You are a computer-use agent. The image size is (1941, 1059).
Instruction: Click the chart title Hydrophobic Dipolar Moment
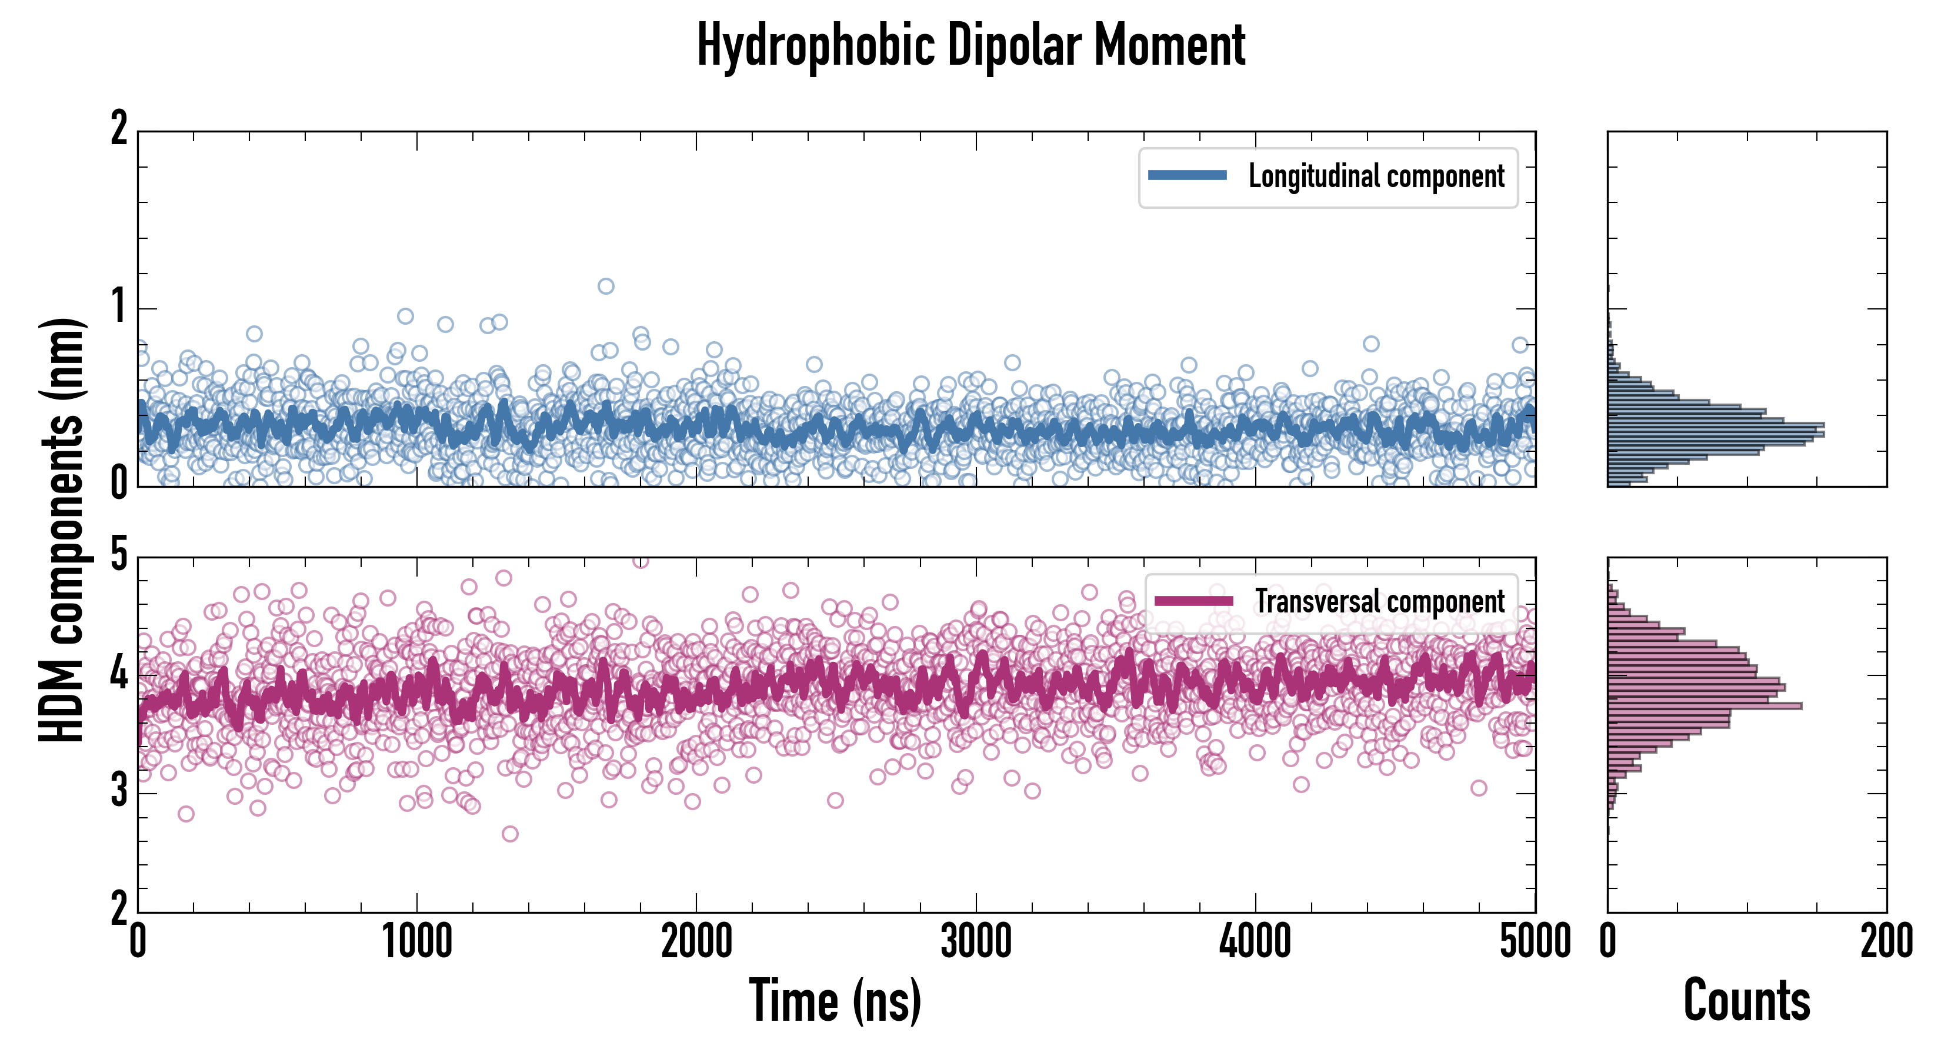[970, 45]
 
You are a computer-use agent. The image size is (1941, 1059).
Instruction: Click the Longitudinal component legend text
[1376, 176]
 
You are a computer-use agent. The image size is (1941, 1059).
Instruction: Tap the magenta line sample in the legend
[1193, 601]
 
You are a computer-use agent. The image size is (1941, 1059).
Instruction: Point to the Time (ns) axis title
[835, 1000]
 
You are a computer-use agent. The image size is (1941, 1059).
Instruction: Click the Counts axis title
[1746, 1000]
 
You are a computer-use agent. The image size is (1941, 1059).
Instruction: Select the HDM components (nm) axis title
[62, 530]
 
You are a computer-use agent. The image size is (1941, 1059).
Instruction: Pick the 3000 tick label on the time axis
[976, 942]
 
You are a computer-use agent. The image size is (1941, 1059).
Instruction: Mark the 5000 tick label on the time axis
[1535, 942]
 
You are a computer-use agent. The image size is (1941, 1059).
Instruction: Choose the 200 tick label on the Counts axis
[1886, 942]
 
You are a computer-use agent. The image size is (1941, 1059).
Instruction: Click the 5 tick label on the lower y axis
[119, 556]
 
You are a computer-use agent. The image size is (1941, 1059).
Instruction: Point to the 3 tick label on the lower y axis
[119, 792]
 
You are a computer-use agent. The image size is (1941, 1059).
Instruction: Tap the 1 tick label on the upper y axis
[119, 308]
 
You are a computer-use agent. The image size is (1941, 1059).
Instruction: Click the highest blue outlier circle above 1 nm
[606, 286]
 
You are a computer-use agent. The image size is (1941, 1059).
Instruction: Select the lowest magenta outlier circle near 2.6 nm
[510, 834]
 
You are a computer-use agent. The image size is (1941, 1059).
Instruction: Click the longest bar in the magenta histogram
[1705, 706]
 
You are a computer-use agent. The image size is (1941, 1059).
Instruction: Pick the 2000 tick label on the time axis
[696, 942]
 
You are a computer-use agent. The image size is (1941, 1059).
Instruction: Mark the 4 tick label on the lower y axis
[119, 674]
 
